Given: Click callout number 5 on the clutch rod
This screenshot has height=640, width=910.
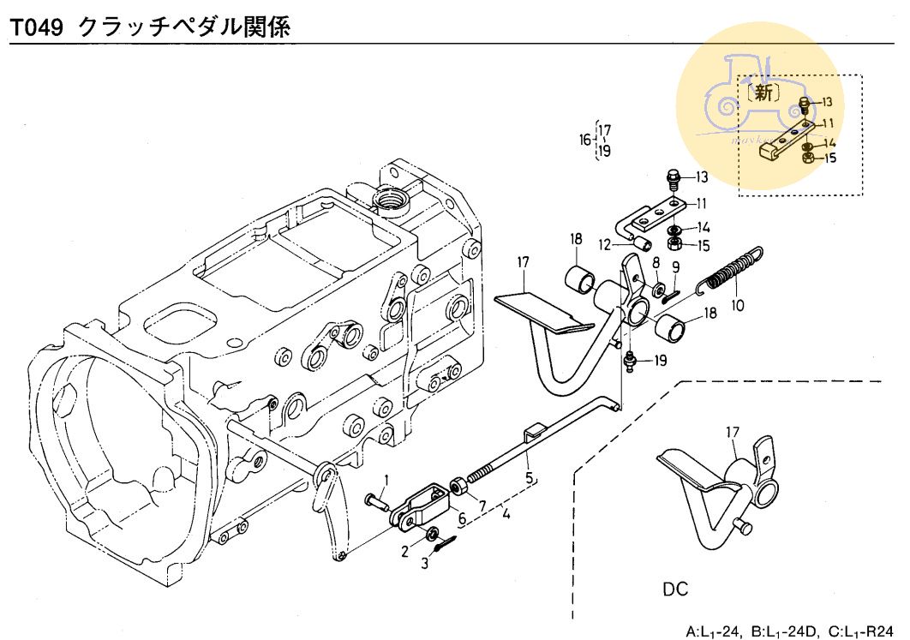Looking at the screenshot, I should pyautogui.click(x=529, y=477).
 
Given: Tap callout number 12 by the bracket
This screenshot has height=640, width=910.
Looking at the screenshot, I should pyautogui.click(x=604, y=244).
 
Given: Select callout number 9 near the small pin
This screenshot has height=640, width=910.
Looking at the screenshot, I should pyautogui.click(x=676, y=267).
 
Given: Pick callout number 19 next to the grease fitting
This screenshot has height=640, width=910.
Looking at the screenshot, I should pyautogui.click(x=659, y=361).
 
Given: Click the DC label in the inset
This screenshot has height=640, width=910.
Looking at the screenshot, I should pyautogui.click(x=675, y=590).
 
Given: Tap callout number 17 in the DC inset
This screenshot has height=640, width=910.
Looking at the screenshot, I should pyautogui.click(x=731, y=432).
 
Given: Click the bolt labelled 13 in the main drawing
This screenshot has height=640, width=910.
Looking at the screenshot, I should pyautogui.click(x=673, y=181).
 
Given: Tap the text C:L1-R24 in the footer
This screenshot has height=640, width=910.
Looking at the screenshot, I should pyautogui.click(x=867, y=632).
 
